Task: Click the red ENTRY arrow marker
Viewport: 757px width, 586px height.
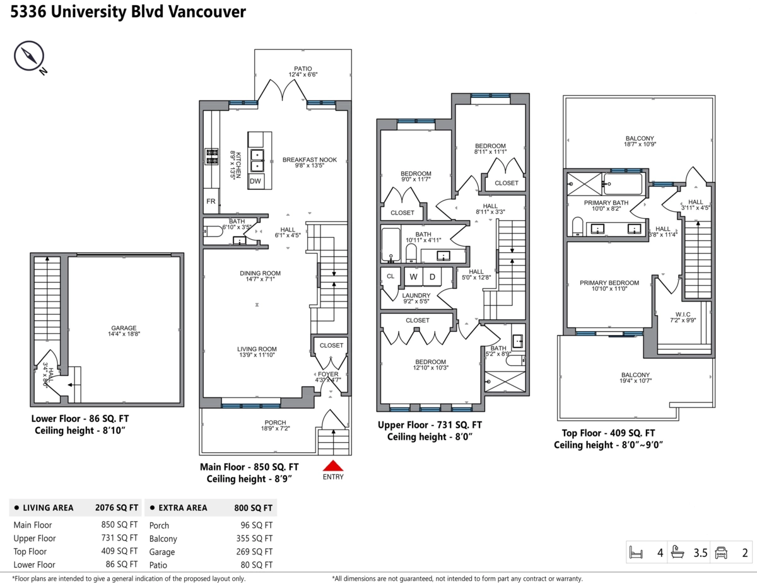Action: pos(332,466)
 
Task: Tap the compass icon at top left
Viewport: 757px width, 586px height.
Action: pos(28,57)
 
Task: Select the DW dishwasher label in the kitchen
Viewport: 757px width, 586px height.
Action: pos(255,182)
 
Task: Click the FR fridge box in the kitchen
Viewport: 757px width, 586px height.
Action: pos(211,202)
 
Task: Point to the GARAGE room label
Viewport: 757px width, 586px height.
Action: pos(124,328)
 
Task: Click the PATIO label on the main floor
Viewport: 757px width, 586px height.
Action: pos(303,69)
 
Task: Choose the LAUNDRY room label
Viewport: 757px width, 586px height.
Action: pos(416,295)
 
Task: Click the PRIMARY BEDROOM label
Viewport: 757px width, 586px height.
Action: pos(609,283)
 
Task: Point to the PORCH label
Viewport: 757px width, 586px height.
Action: pos(275,423)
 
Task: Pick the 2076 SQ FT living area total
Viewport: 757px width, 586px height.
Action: pos(116,507)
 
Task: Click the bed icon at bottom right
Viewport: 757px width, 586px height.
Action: pos(636,553)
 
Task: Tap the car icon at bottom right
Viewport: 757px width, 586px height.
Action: pos(721,553)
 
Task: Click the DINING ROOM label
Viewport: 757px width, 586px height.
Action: pos(260,273)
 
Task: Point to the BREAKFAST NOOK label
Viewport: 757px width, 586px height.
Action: pos(309,160)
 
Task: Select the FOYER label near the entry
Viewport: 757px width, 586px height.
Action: pos(328,374)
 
